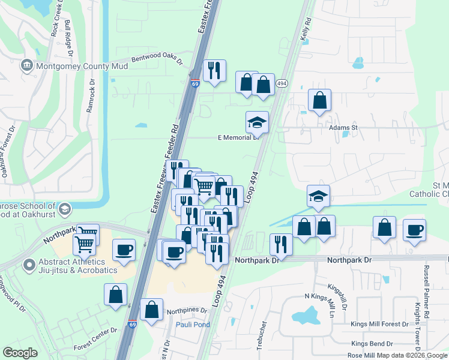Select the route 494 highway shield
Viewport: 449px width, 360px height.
[282, 86]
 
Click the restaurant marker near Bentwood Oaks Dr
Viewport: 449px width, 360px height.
[214, 71]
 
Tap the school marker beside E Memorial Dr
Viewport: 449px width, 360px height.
[257, 122]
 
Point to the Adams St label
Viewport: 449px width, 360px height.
[343, 127]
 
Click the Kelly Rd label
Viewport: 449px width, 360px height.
[307, 29]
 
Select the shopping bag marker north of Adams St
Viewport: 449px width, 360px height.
[319, 100]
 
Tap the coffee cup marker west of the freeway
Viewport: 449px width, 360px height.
[124, 250]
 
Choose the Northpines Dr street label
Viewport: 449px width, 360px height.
[187, 311]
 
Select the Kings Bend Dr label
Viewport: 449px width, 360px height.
[372, 344]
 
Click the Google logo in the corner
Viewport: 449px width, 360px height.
[20, 353]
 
